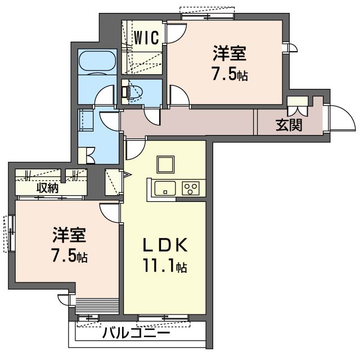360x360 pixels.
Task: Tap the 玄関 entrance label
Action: (289, 125)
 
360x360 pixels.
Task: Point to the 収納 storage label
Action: (47, 187)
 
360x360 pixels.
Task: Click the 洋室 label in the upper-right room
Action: (229, 55)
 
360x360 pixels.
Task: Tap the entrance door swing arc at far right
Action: (340, 116)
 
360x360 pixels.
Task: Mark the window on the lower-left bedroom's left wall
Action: (10, 232)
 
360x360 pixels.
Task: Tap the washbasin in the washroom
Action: (85, 120)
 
